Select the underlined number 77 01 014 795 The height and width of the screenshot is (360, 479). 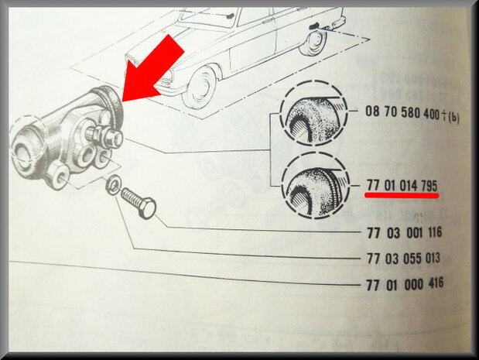[x=402, y=185]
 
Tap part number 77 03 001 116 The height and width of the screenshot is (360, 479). [x=404, y=233]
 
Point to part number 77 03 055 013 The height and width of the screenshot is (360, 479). [x=403, y=259]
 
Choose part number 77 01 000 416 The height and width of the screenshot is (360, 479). [x=405, y=284]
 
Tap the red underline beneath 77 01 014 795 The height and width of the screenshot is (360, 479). [x=402, y=195]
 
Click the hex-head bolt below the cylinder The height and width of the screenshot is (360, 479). [x=139, y=202]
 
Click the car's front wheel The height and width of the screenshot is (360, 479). [x=200, y=87]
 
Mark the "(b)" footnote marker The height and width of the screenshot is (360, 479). [x=453, y=117]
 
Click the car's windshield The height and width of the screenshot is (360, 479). [x=205, y=18]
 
